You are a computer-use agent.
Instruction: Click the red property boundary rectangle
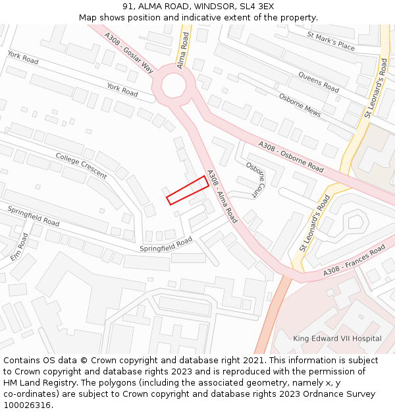click(188, 191)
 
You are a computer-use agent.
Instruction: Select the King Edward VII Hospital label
click(337, 339)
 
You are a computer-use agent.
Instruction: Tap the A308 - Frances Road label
click(354, 262)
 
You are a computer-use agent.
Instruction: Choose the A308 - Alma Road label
click(222, 196)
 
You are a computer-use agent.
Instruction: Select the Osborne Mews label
click(300, 104)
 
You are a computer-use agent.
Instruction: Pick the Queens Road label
click(318, 82)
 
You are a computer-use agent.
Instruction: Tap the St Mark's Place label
click(334, 44)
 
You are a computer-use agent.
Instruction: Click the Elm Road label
click(19, 246)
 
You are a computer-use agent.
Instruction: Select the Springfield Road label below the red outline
click(166, 245)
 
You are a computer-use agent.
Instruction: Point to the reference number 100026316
click(28, 405)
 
